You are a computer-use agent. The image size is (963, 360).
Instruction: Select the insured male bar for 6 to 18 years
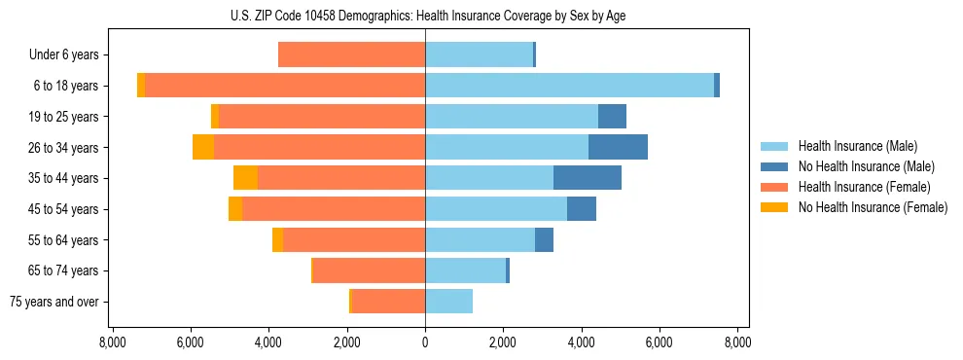(x=569, y=86)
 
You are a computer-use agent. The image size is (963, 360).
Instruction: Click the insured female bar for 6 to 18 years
(x=285, y=86)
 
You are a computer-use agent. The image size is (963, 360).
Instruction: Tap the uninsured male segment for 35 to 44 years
(x=588, y=178)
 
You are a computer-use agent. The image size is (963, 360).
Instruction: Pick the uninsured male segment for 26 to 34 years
(x=618, y=147)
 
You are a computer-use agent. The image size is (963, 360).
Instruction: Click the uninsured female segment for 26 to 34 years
(x=203, y=147)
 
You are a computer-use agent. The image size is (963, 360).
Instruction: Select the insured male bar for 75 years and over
(x=448, y=302)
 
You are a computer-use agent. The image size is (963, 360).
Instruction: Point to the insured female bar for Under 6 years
(x=351, y=54)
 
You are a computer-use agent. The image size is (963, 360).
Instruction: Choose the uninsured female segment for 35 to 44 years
(x=245, y=178)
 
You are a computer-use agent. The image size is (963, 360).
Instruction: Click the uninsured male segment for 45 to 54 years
(x=582, y=209)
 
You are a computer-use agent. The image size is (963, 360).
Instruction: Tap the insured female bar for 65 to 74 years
(x=370, y=270)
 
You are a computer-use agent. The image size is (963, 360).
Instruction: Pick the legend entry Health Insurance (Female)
(x=864, y=187)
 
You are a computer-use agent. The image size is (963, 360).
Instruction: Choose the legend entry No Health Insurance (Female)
(x=872, y=207)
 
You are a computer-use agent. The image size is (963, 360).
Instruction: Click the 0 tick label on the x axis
(x=425, y=342)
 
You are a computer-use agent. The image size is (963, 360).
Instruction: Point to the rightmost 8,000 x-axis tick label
(x=736, y=342)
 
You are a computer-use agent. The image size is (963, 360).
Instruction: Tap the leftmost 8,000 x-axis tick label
(x=113, y=342)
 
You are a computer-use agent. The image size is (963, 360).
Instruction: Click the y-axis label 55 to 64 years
(x=65, y=240)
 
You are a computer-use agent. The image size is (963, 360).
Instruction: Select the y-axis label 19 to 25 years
(x=65, y=117)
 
